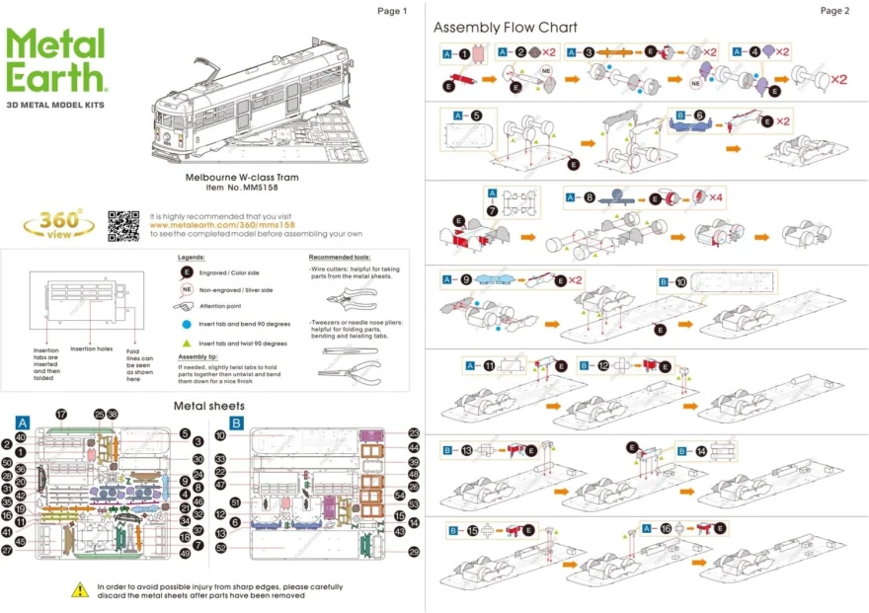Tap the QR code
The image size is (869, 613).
(x=122, y=226)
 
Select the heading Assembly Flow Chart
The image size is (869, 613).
(x=505, y=28)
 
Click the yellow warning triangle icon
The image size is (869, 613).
(x=80, y=589)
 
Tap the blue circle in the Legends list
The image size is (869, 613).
(x=186, y=323)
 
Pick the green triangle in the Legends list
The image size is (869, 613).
(x=186, y=343)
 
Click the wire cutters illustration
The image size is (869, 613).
(x=342, y=301)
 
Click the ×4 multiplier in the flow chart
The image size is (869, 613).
(x=716, y=197)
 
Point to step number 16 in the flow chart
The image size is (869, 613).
(x=666, y=529)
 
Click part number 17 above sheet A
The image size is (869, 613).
(x=60, y=414)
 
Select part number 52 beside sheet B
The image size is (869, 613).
(x=221, y=547)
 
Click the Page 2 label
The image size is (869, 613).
(x=833, y=11)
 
